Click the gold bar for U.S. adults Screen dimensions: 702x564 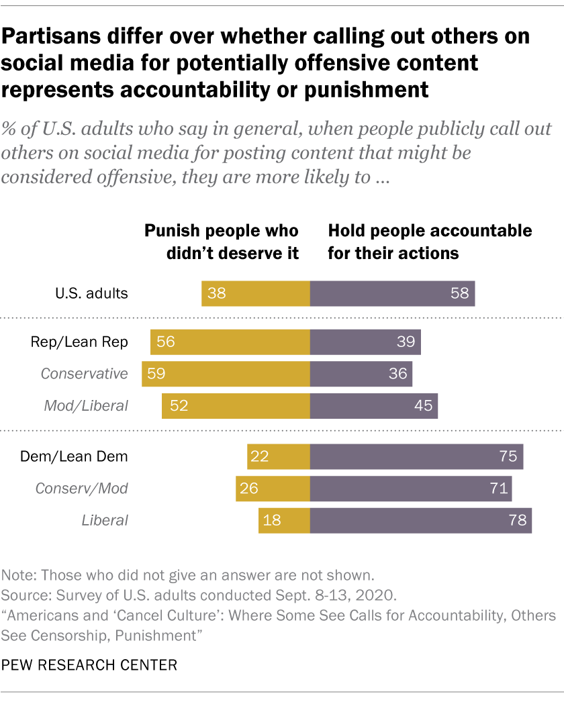click(255, 294)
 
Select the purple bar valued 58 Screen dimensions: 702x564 click(392, 294)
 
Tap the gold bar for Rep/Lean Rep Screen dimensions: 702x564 click(230, 342)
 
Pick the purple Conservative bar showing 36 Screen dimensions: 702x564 click(361, 373)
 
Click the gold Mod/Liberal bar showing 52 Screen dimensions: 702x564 click(235, 406)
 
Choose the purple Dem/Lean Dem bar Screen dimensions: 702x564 click(416, 456)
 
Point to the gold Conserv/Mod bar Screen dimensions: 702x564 click(272, 488)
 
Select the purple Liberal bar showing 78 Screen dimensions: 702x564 click(420, 520)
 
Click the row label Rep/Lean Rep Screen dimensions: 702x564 click(79, 342)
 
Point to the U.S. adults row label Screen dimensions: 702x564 click(91, 293)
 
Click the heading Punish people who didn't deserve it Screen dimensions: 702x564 click(222, 242)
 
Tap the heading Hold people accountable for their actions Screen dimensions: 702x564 click(430, 242)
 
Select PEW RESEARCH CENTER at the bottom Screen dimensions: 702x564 click(89, 665)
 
